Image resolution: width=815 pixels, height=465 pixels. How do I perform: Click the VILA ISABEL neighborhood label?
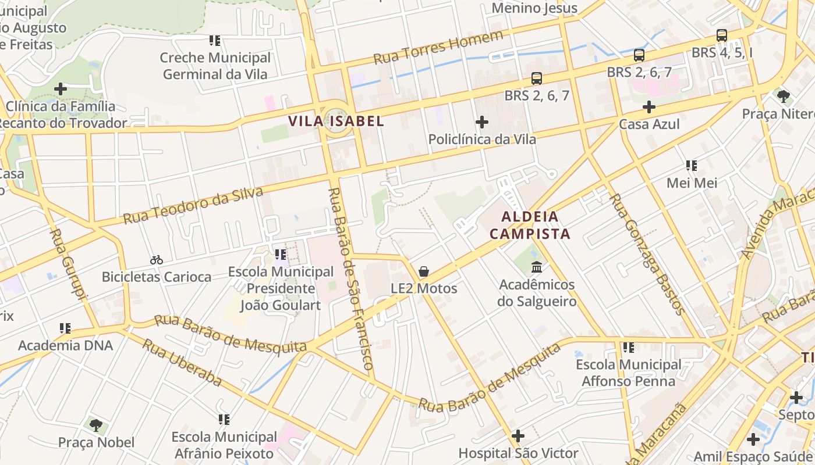(336, 121)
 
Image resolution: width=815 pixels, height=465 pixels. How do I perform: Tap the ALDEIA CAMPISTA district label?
(530, 226)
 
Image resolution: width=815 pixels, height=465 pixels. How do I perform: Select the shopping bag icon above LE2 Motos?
(424, 271)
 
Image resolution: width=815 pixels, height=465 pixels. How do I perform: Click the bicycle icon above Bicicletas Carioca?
(157, 260)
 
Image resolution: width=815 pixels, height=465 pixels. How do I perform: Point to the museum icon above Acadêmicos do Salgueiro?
(537, 267)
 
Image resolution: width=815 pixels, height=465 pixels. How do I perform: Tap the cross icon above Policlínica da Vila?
(482, 122)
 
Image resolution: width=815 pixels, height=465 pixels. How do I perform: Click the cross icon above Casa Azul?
(649, 107)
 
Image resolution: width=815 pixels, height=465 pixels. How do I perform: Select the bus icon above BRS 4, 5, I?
(722, 35)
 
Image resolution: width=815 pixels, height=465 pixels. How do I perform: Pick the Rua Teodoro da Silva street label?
(193, 206)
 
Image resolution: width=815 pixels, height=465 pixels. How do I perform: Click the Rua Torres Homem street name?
(438, 48)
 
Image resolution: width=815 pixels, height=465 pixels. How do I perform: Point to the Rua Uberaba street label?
(182, 363)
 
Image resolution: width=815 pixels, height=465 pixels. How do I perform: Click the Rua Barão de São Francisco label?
(350, 279)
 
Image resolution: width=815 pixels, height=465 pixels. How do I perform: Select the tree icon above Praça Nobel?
(96, 425)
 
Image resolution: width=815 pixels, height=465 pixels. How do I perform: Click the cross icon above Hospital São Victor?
(518, 435)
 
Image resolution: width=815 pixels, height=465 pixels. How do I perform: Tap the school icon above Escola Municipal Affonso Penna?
(628, 348)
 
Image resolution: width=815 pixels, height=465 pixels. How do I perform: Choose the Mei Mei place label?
(692, 183)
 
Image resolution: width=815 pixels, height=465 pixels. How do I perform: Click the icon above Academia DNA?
(65, 328)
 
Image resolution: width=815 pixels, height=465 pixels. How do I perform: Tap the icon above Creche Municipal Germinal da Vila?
(215, 41)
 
